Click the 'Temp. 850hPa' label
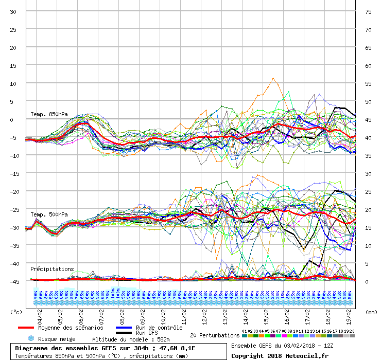click(x=49, y=114)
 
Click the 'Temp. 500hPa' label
click(x=49, y=214)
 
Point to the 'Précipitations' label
click(x=52, y=269)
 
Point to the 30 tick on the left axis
click(x=13, y=12)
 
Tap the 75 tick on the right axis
click(x=368, y=12)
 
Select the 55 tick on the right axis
click(x=368, y=84)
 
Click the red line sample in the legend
click(x=33, y=328)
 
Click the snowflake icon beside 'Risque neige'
click(x=30, y=338)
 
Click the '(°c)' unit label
click(x=16, y=312)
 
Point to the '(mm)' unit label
click(x=370, y=312)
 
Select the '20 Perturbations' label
click(x=215, y=335)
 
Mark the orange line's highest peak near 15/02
click(x=273, y=78)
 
